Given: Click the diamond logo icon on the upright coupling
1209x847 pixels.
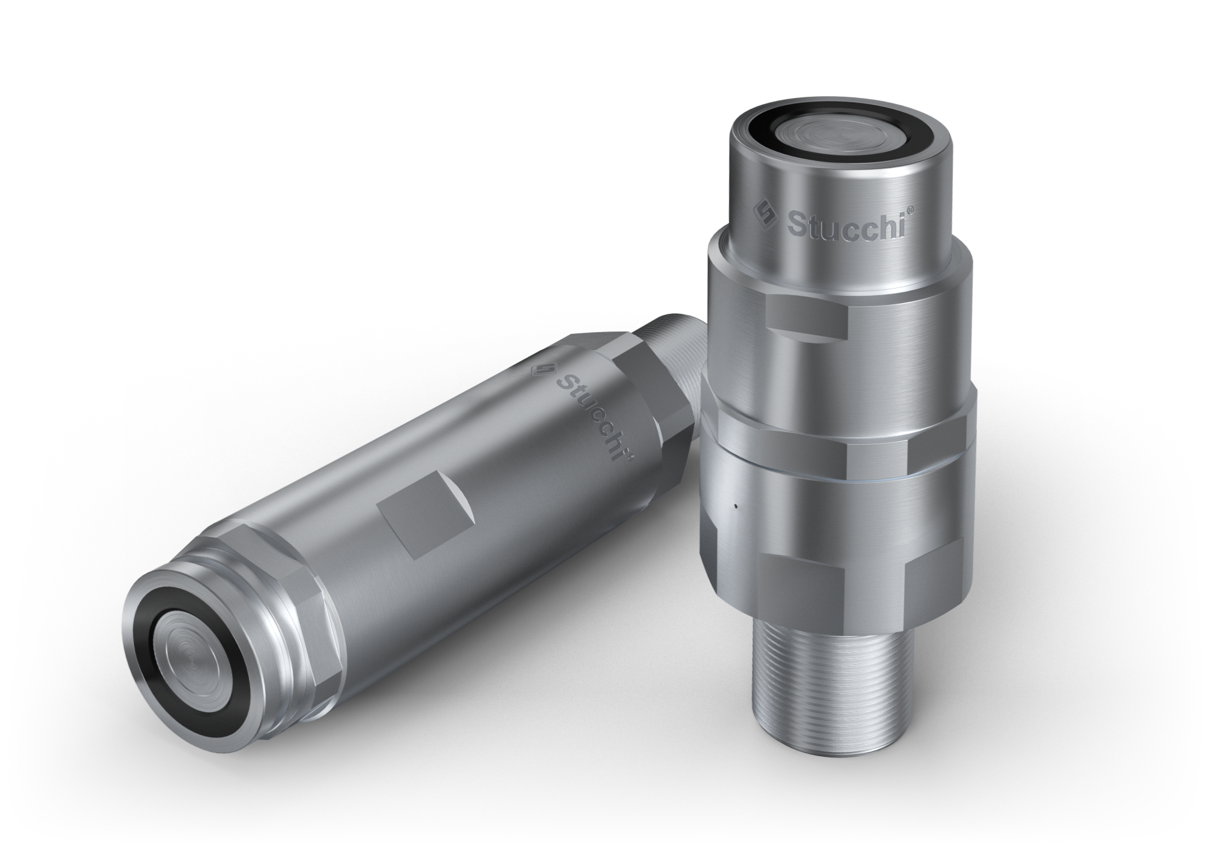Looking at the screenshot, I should point(766,213).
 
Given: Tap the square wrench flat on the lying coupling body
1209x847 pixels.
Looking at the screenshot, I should point(423,520).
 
